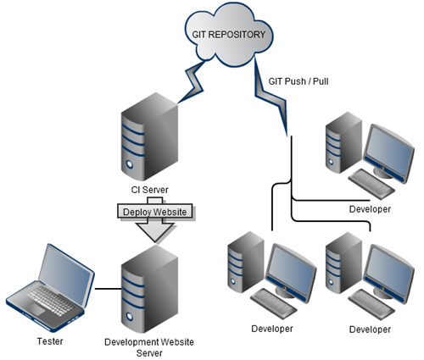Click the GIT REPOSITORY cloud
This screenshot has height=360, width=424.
pos(229,35)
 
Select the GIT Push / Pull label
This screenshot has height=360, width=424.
pos(298,81)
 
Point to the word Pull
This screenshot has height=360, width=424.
pos(321,81)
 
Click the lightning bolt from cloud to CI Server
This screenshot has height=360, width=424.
pos(194,82)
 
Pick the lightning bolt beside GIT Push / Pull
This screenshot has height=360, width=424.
pos(270,95)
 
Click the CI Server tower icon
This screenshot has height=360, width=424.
pos(149,136)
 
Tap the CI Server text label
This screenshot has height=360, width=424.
pos(149,190)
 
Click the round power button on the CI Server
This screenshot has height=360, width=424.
pos(130,163)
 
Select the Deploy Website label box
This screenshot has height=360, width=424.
pos(155,211)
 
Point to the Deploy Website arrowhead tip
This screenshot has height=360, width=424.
pos(155,242)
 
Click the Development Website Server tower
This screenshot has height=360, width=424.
pos(149,289)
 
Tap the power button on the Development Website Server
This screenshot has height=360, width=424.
pos(130,316)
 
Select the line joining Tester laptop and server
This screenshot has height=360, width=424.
pos(108,289)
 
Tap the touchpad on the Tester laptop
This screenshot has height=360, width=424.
pos(36,310)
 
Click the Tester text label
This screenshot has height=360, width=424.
pos(50,341)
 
